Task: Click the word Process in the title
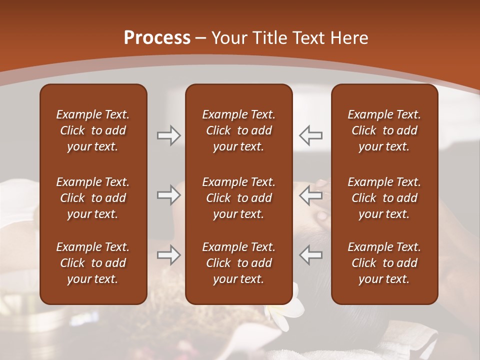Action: click(x=157, y=37)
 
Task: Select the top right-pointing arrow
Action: click(x=169, y=135)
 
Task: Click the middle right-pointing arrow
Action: click(x=169, y=195)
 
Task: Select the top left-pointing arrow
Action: click(x=311, y=135)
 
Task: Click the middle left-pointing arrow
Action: click(x=311, y=195)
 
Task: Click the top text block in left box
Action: click(x=93, y=130)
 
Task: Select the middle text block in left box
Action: click(x=93, y=198)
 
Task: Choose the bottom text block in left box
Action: click(x=93, y=263)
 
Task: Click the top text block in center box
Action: click(x=238, y=130)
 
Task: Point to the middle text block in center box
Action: click(x=238, y=198)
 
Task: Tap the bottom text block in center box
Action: click(x=238, y=263)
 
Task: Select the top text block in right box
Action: click(x=384, y=130)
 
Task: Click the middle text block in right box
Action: click(x=384, y=198)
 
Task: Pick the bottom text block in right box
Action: click(x=384, y=263)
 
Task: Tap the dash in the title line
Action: click(x=200, y=38)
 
